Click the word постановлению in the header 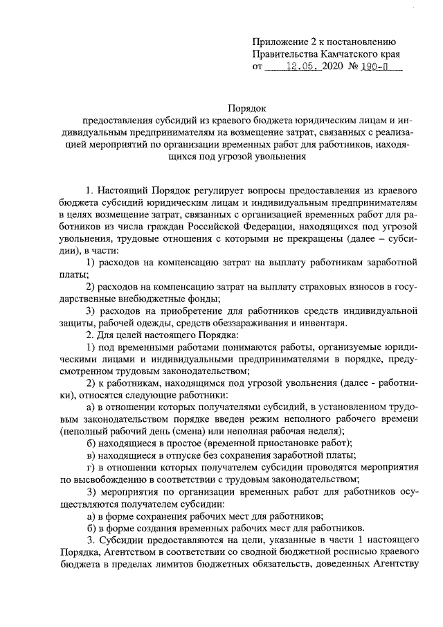tap(365, 40)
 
